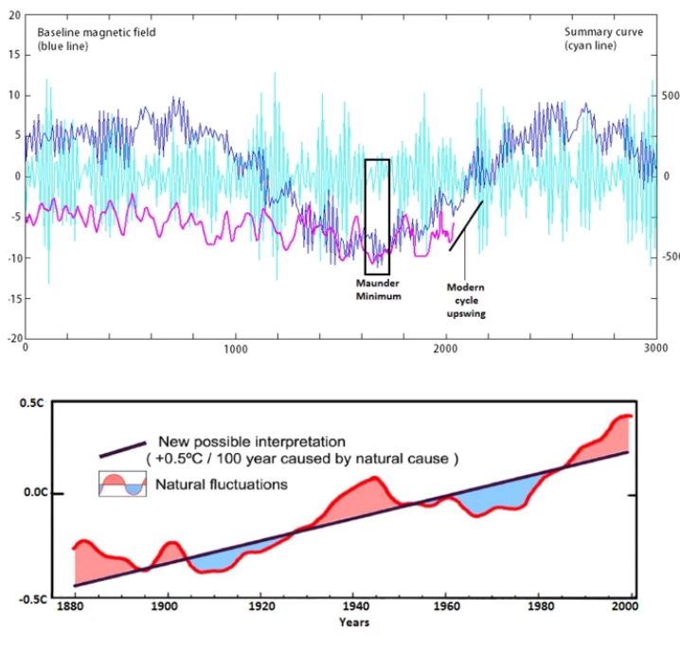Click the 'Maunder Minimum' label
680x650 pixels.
(x=378, y=290)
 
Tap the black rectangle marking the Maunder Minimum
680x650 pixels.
(x=377, y=217)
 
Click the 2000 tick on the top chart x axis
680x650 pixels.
(x=445, y=348)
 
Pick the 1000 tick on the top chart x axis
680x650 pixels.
(x=236, y=348)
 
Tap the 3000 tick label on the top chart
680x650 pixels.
(x=654, y=348)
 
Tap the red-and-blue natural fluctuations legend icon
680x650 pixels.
(x=123, y=484)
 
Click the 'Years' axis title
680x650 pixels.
(x=356, y=623)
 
